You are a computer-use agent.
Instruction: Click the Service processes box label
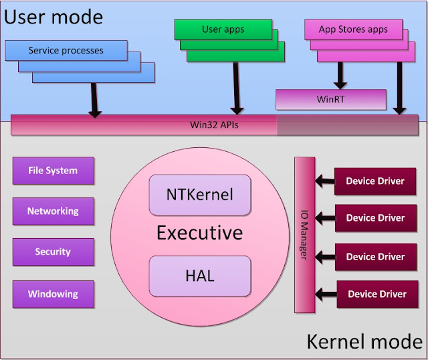[66, 51]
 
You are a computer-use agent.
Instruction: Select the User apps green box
[223, 29]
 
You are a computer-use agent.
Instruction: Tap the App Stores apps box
[353, 29]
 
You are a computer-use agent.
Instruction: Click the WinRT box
[331, 100]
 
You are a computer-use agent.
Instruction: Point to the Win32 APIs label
[214, 125]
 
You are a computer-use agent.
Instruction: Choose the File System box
[53, 171]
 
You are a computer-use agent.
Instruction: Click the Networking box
[53, 211]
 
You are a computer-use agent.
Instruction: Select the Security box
[53, 252]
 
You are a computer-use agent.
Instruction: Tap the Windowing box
[53, 294]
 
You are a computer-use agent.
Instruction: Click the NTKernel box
[200, 195]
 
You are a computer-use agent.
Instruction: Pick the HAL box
[200, 276]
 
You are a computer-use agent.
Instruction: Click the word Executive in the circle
[200, 233]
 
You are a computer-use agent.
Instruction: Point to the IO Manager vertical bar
[305, 235]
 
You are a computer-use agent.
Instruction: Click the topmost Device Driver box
[375, 181]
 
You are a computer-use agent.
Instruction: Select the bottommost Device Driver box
[377, 294]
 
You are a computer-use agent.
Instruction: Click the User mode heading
[53, 17]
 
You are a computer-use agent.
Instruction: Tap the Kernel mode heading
[364, 341]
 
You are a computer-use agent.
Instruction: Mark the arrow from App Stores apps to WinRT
[340, 76]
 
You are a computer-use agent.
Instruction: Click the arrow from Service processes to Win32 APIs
[94, 100]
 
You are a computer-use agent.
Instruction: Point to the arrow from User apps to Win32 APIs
[236, 88]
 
